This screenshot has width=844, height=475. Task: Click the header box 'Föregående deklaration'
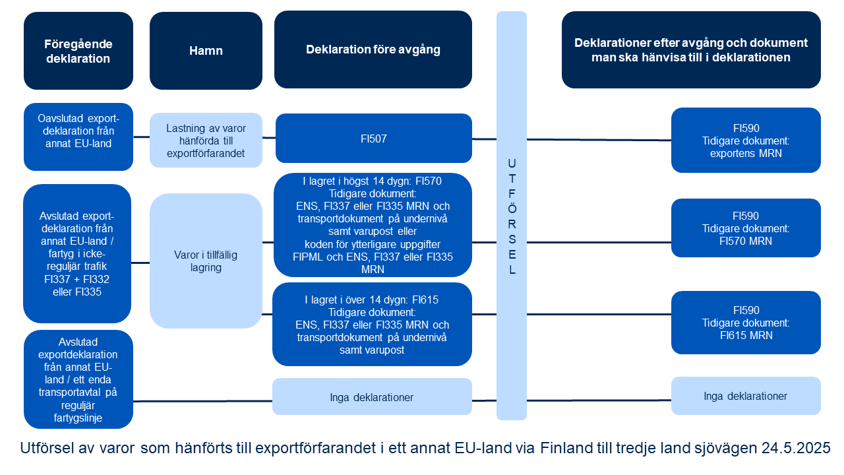click(78, 51)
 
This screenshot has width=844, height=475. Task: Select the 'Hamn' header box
click(206, 51)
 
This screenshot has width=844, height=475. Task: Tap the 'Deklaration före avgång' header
click(373, 49)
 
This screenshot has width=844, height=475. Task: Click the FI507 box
click(374, 139)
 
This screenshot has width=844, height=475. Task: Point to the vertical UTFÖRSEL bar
click(512, 216)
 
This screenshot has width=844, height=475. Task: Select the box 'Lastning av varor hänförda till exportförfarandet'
click(206, 141)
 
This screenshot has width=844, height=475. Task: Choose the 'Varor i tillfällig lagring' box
click(206, 261)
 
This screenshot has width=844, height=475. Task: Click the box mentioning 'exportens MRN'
click(746, 141)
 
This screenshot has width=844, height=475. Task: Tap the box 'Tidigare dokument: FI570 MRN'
click(746, 228)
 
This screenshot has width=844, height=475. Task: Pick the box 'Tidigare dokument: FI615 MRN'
click(746, 323)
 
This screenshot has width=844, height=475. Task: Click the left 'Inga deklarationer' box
click(373, 396)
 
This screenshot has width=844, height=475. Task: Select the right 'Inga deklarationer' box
click(746, 396)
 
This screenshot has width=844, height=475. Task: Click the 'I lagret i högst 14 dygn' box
click(373, 225)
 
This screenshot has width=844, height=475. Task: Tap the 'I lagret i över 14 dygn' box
click(373, 324)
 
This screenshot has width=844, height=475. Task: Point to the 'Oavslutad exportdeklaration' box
click(78, 137)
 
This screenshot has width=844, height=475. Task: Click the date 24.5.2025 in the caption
click(796, 448)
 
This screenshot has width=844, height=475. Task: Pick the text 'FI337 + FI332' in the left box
click(77, 279)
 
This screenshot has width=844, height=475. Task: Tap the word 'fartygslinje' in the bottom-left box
click(78, 418)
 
